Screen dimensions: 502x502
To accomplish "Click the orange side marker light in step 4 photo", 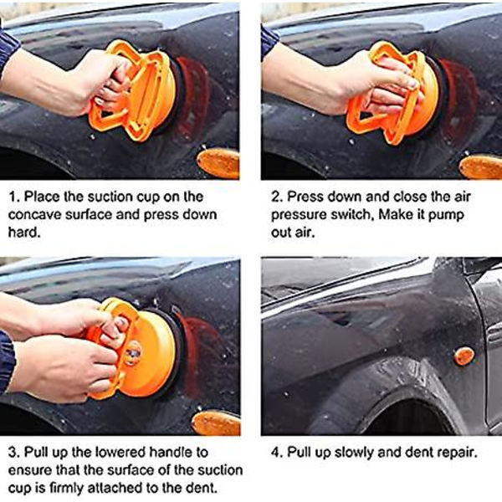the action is coord(464,356).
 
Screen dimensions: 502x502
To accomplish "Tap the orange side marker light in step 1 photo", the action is coord(218,163).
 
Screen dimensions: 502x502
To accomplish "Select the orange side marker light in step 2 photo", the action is coord(481,166).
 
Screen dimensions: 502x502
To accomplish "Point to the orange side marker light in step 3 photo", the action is coord(216,423).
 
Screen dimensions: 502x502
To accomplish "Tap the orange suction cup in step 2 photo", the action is coord(396,93).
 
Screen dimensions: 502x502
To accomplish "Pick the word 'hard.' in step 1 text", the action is coord(24,232).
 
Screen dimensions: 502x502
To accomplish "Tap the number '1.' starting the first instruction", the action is coord(14,197).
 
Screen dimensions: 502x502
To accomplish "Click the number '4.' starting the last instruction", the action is coord(277,453).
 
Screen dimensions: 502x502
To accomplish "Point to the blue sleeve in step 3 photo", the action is coord(7,361).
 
